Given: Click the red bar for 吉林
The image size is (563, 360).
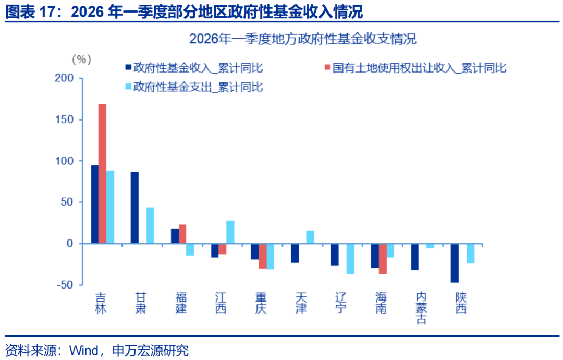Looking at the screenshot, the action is [102, 174].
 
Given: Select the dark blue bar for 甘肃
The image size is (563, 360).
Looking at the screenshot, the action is [134, 208].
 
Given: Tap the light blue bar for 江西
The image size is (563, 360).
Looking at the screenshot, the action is [230, 232].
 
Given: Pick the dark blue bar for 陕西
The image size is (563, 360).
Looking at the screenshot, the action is [455, 263].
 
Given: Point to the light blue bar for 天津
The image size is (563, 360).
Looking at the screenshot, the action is [310, 237].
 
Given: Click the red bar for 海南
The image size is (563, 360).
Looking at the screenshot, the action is [383, 259].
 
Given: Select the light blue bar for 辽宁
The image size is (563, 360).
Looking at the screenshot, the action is [350, 259].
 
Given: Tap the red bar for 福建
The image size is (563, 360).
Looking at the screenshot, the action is [182, 234].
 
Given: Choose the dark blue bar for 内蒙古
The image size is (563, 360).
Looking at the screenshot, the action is [415, 257].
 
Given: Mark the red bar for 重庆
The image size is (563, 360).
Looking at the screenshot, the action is [262, 256].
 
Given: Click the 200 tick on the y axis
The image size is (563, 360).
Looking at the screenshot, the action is [81, 78].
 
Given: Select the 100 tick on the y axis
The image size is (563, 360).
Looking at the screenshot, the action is [81, 161].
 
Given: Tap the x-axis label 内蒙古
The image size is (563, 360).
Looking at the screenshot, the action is [421, 308].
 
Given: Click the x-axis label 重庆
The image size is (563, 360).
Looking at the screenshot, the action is [261, 303].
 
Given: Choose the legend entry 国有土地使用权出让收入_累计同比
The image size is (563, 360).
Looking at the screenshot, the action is [415, 68].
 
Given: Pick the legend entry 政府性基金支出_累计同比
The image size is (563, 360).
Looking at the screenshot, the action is [194, 87].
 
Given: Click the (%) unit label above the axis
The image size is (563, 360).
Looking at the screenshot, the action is [81, 59].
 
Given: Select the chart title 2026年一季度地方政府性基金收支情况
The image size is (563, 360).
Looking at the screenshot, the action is [303, 39].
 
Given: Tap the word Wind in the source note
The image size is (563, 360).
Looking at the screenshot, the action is [84, 350].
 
